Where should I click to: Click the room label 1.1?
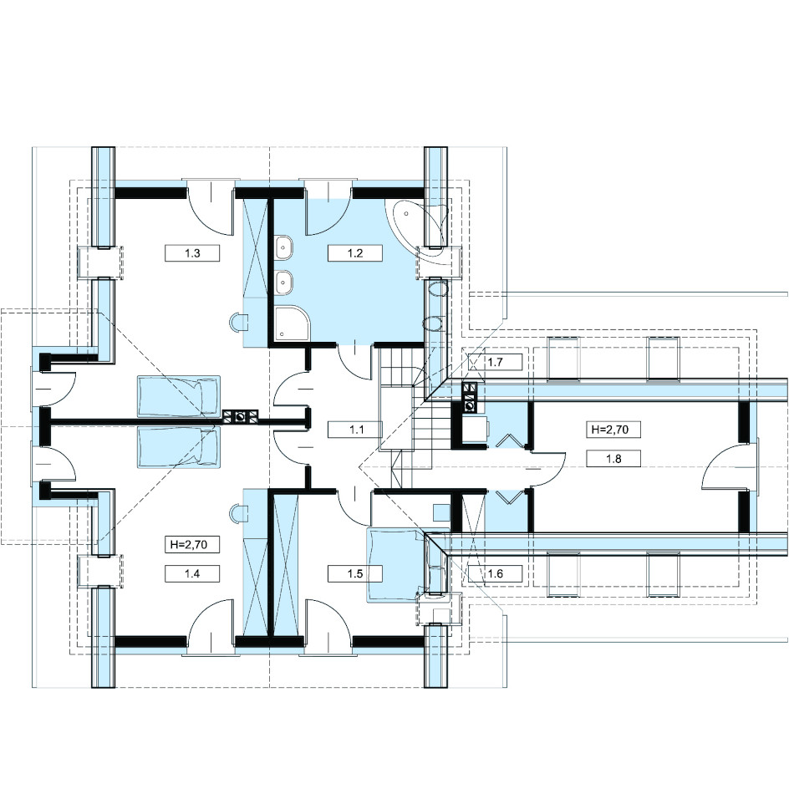coord(356,430)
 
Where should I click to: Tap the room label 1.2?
coord(354,253)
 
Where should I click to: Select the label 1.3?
coord(192,253)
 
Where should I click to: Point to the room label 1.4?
coord(192,573)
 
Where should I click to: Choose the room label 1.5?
coord(354,573)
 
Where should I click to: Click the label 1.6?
coord(495,573)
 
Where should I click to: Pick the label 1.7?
coord(495,362)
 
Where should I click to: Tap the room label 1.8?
coord(613,458)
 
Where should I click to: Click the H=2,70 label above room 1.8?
coord(609,430)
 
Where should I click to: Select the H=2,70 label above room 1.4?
coord(188,544)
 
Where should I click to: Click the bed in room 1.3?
coord(179,396)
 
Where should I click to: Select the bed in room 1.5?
coord(395,563)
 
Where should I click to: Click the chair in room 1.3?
coord(238,322)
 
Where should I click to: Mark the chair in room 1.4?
coord(238,514)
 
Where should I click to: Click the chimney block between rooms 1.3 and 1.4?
coord(240,416)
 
